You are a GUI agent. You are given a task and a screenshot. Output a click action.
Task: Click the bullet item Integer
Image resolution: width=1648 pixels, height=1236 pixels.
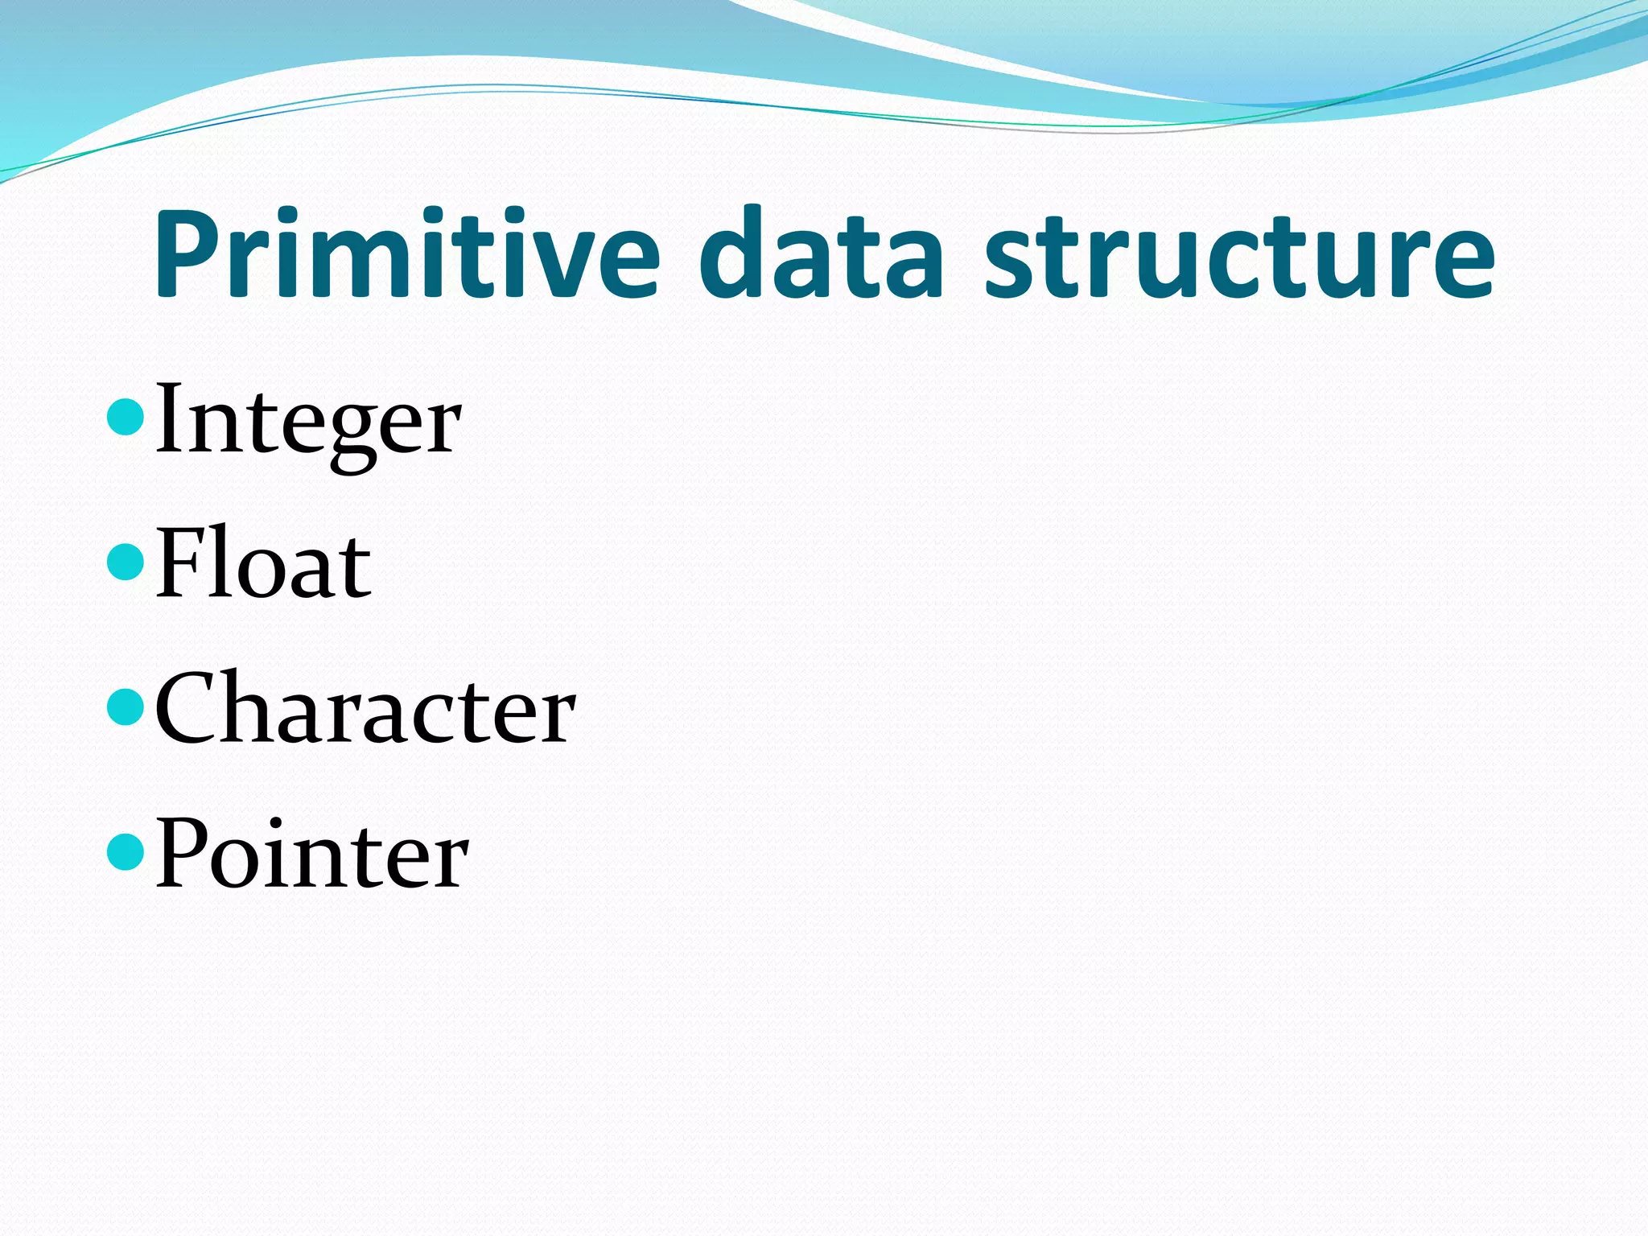(x=307, y=422)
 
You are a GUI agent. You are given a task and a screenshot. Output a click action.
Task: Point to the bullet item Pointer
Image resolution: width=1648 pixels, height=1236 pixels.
(x=311, y=855)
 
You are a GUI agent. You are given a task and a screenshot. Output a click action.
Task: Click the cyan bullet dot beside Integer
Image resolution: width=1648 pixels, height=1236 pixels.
(x=125, y=415)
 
